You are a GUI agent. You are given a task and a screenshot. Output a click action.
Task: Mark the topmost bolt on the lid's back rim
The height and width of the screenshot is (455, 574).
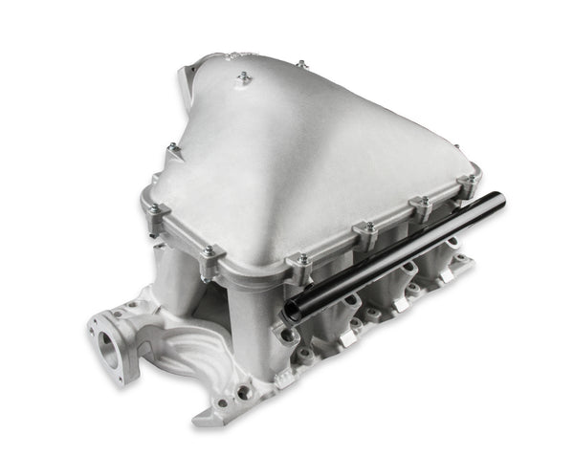pos(300,64)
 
